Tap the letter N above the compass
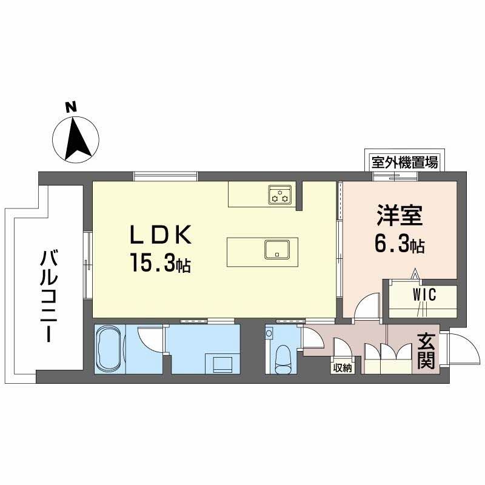(72, 107)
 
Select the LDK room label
(160, 235)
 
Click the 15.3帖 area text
(159, 263)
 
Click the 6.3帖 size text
(400, 245)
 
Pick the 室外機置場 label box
(405, 162)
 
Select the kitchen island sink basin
(277, 249)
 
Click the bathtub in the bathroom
(110, 350)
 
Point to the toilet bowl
(283, 360)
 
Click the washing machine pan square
(222, 363)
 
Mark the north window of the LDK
(166, 176)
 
